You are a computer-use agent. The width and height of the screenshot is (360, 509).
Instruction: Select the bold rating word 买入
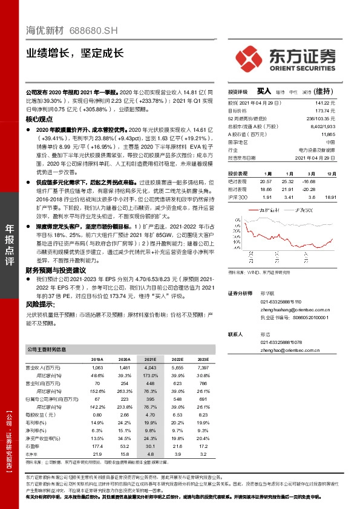click(264, 91)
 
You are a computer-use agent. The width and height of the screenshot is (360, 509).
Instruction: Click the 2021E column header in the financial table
click(150, 358)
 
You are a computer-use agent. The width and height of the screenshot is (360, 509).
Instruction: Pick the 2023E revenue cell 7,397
click(203, 368)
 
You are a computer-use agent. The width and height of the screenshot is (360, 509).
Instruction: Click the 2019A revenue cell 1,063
click(97, 368)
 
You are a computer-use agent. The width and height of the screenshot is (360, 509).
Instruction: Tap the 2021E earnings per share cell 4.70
click(150, 415)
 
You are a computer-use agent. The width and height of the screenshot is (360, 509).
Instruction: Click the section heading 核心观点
click(39, 120)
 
